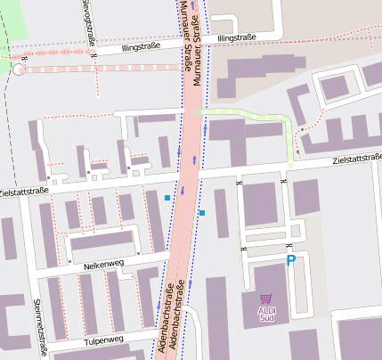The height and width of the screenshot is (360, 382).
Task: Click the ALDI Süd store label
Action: tap(266, 313)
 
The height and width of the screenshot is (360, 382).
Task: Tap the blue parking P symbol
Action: tap(290, 260)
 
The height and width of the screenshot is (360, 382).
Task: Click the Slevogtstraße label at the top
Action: tap(87, 21)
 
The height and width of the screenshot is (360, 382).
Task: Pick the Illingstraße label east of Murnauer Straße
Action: tap(236, 38)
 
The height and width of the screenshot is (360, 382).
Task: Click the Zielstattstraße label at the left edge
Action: tap(23, 191)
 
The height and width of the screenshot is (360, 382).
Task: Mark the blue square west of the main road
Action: tap(167, 197)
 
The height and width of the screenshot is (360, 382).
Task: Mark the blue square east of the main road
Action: tap(202, 212)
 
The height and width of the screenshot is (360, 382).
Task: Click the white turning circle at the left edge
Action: tap(20, 70)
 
